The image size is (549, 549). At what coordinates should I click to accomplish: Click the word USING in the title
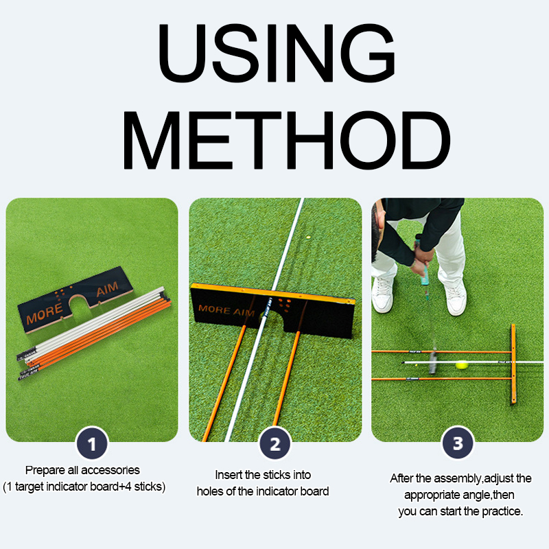(x=277, y=53)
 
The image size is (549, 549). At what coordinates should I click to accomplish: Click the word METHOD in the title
(x=286, y=140)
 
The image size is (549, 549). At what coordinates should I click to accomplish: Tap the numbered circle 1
(x=92, y=443)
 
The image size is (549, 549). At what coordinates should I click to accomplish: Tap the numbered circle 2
(x=275, y=443)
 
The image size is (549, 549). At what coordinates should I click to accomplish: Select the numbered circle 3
(x=458, y=443)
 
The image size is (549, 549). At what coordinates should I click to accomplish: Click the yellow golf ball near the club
(x=462, y=365)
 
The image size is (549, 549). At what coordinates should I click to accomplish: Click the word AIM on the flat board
(x=108, y=289)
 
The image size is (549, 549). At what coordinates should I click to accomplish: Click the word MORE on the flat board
(x=45, y=313)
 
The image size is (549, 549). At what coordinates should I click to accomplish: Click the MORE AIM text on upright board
(x=226, y=310)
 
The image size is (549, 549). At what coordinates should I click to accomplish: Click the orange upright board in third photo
(x=513, y=364)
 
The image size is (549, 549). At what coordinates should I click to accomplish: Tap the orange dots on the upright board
(x=284, y=305)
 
